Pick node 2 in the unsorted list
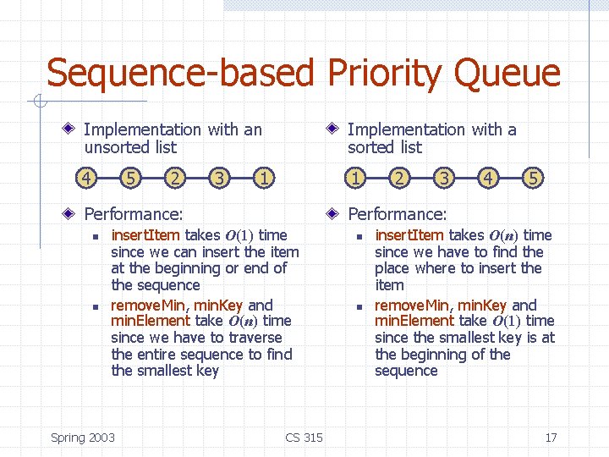point(175,179)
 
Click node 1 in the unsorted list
point(265,179)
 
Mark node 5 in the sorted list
point(533,179)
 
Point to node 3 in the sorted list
point(443,179)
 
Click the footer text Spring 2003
point(83,438)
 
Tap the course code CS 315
point(304,438)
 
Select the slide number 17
point(551,438)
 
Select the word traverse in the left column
point(264,338)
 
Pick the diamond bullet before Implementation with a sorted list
point(335,129)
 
